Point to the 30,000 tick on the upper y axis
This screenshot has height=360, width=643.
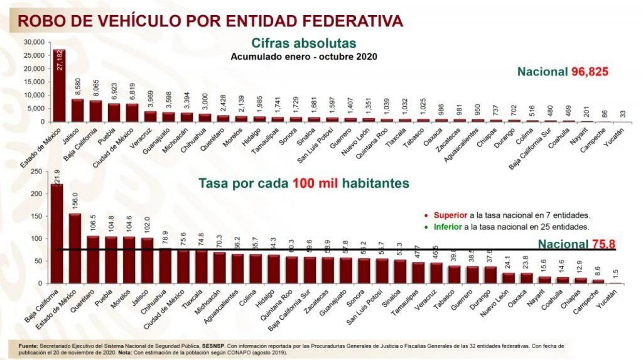coord(34,42)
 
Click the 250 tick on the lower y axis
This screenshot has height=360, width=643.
coord(37,171)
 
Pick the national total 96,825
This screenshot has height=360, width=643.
coord(590,72)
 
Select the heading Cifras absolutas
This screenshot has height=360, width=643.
coord(304,43)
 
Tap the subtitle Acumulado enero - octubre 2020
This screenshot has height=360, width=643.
coord(304,56)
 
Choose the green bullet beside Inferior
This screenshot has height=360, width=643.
coord(427,226)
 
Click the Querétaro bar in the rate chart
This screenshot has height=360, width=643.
coord(93,259)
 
